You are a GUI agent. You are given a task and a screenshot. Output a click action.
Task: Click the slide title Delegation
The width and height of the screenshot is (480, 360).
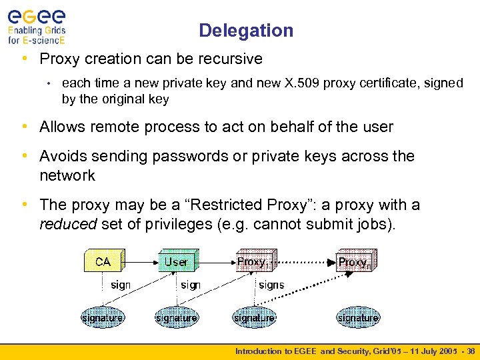tap(245, 31)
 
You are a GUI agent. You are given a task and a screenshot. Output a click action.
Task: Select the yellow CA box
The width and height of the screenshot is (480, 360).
tap(103, 261)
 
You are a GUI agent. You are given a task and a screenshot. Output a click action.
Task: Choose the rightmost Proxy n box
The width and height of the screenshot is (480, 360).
tap(355, 261)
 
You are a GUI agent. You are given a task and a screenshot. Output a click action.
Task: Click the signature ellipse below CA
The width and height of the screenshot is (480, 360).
tap(102, 318)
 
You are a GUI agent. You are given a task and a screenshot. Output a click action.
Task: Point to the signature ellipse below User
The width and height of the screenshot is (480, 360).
tap(176, 318)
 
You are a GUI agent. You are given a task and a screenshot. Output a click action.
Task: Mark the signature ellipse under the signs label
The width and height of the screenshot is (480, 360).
tap(254, 318)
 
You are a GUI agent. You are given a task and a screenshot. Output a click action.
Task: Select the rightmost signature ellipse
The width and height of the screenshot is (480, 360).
tap(357, 318)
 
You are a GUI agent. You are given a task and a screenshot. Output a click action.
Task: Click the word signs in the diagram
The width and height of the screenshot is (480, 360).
tap(271, 285)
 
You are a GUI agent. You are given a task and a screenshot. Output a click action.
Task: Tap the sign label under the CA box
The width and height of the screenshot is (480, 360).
tap(121, 285)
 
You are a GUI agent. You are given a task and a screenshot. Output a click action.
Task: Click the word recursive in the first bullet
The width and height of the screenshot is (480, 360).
tap(231, 59)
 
